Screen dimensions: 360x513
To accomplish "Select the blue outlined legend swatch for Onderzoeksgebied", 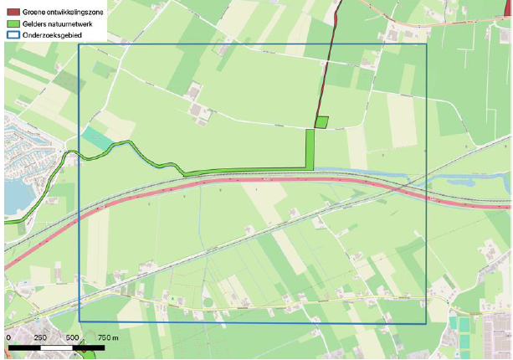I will (x=12, y=36).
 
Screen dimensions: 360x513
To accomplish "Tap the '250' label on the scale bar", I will (x=40, y=336).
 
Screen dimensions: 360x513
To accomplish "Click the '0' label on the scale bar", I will (x=8, y=336).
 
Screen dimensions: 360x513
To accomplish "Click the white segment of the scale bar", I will (x=56, y=345).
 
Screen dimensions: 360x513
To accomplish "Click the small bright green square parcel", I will (x=321, y=122).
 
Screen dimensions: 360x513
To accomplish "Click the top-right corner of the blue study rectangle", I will (x=426, y=44).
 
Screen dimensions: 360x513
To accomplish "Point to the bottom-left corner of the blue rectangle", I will (x=80, y=321).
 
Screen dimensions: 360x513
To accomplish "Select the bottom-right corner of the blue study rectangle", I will (x=426, y=323).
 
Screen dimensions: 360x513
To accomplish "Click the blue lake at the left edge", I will (x=14, y=198).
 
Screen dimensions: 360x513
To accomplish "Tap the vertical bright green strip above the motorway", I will (x=310, y=149).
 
